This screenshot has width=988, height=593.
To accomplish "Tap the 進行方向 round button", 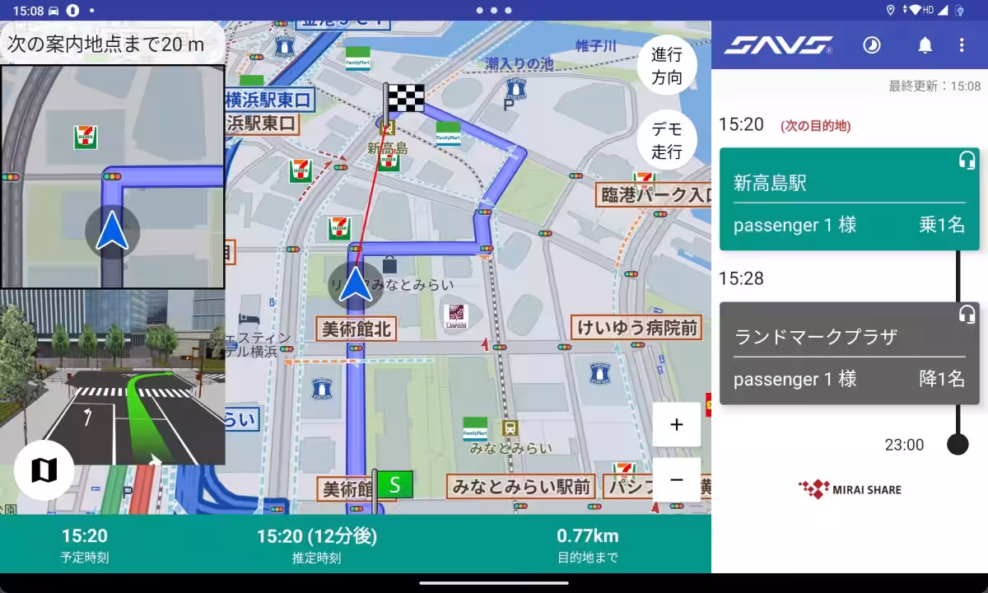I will coord(667,67).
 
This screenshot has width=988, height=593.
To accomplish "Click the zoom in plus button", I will coord(677,425).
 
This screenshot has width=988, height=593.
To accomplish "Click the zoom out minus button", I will coord(677,480).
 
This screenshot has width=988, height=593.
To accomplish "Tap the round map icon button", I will coord(44,470).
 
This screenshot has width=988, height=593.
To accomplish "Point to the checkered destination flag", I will coord(404,98).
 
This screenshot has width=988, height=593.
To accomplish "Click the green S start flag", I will coord(394,484).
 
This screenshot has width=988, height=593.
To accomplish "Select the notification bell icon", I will coord(925,45).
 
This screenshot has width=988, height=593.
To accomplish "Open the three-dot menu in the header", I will coord(961,45).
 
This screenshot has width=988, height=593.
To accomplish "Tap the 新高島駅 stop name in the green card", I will coord(770,183).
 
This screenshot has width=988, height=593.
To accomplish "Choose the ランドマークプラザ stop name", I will coord(815,337).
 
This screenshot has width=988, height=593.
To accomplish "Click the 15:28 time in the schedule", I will coord(741,278).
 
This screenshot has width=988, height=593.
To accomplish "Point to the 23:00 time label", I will coord(904,445).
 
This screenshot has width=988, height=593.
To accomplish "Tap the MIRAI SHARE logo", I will coord(850,489).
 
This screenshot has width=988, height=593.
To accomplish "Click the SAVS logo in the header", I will coord(778,45).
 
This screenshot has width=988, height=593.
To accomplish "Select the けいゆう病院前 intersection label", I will coord(637,328).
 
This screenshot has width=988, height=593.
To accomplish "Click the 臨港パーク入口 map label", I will coord(654,195).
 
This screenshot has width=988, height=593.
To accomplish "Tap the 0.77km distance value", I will coord(587,536).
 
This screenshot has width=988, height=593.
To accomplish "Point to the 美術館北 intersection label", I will coord(357,329).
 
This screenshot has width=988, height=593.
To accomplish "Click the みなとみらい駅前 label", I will coord(520,486).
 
